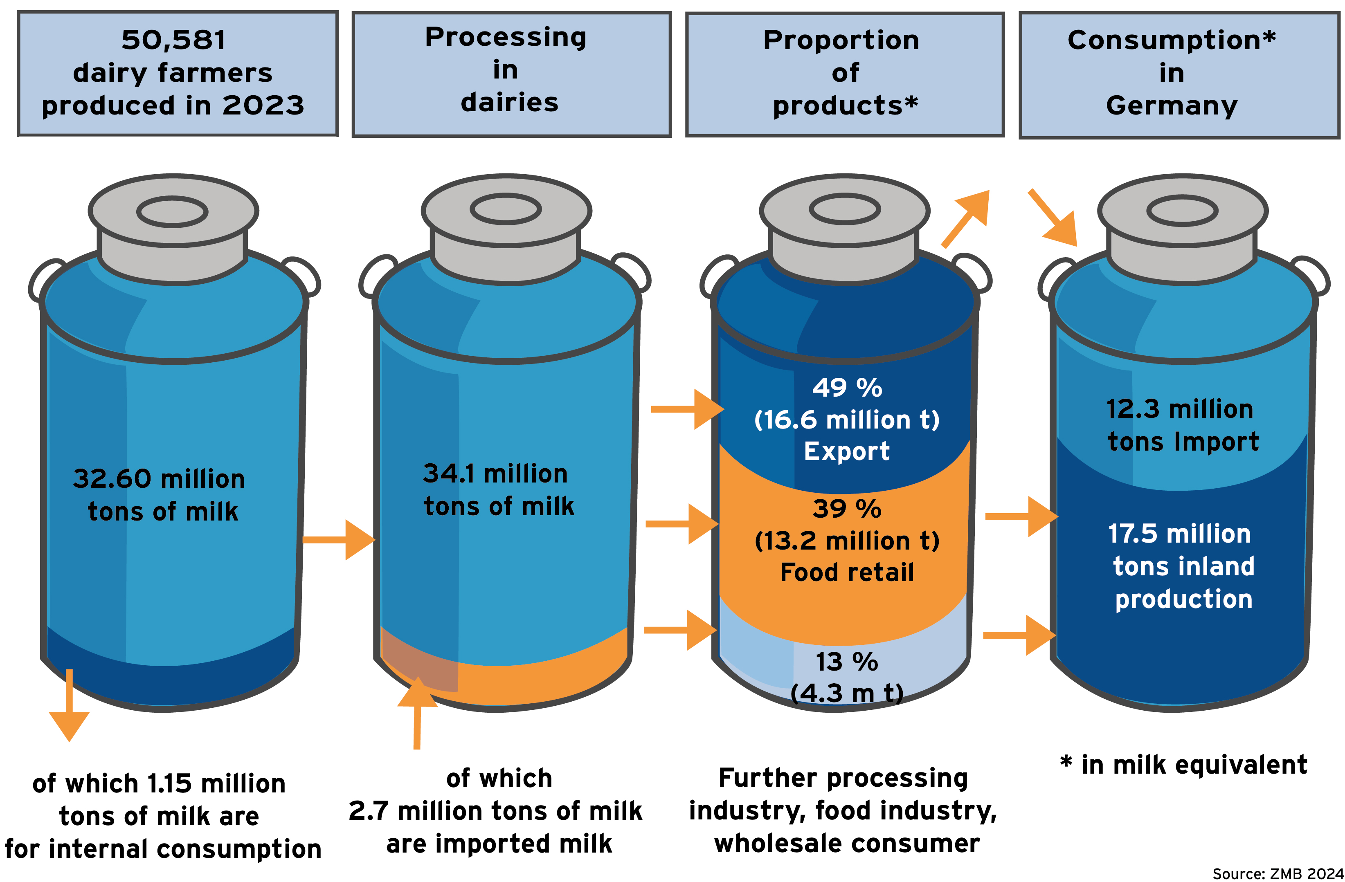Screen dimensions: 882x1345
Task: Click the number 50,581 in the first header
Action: click(173, 40)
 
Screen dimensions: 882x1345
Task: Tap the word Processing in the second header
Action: click(505, 37)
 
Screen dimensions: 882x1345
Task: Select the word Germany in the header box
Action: click(1172, 105)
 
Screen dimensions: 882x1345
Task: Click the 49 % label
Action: click(847, 388)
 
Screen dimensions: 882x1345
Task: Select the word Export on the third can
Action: click(847, 451)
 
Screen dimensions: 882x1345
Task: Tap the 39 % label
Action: click(847, 509)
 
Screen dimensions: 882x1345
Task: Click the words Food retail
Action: click(847, 572)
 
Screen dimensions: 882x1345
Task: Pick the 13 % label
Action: click(847, 662)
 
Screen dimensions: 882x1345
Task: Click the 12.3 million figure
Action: click(1179, 409)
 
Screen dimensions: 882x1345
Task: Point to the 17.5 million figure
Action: click(1179, 534)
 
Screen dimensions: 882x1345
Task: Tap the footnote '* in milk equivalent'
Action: click(1183, 765)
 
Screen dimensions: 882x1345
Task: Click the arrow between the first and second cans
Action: click(339, 540)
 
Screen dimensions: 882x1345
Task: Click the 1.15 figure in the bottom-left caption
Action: click(169, 784)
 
